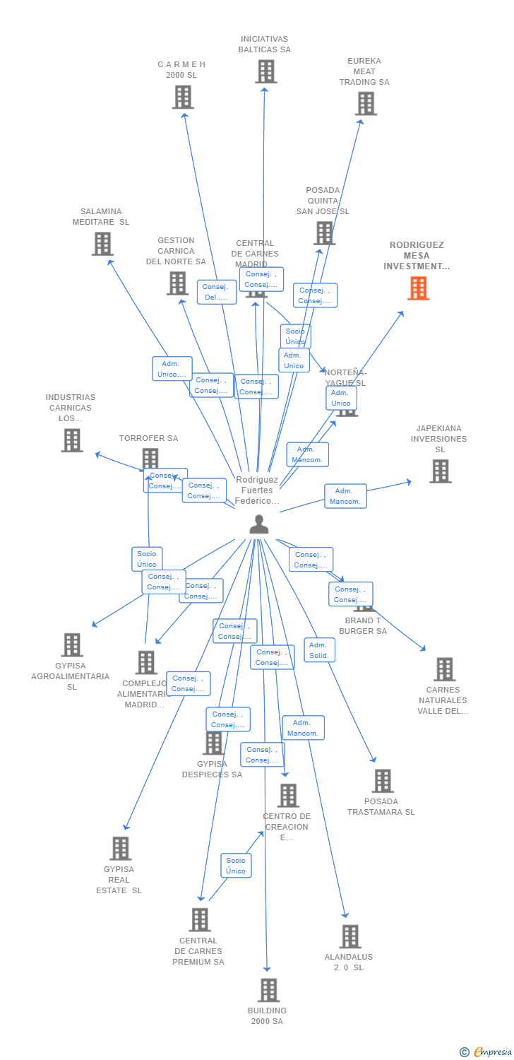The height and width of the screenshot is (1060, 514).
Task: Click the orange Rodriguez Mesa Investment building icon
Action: tap(418, 288)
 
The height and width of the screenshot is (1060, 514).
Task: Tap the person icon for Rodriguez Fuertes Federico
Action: tap(259, 524)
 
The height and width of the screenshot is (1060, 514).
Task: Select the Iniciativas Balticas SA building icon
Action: tap(265, 71)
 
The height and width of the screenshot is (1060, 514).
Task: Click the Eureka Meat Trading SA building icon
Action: tap(365, 104)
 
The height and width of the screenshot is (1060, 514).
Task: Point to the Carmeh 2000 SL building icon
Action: tap(182, 97)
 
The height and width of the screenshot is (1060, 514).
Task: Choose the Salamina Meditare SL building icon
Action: tap(102, 244)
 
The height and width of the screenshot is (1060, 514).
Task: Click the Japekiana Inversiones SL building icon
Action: tap(440, 471)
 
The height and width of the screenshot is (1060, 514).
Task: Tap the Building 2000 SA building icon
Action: tap(268, 990)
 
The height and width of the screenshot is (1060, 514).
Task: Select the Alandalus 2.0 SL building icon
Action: tap(349, 936)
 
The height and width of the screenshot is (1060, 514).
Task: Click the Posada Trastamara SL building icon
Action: tap(382, 781)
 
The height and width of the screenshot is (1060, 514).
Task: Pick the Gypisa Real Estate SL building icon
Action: tap(120, 849)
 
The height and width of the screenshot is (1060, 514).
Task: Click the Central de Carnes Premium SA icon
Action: tap(200, 919)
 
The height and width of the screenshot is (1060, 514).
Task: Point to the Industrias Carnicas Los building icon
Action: tap(71, 440)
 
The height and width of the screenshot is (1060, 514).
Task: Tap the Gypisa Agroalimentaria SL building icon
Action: tap(71, 644)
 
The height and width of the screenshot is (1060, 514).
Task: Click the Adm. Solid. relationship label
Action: tap(319, 650)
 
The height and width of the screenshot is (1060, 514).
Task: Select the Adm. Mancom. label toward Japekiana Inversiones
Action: tap(345, 496)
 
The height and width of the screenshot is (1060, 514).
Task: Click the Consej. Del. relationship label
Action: tap(217, 292)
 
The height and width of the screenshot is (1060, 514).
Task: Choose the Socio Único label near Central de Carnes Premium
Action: tap(236, 866)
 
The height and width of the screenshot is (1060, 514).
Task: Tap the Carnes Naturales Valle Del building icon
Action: tap(443, 669)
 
